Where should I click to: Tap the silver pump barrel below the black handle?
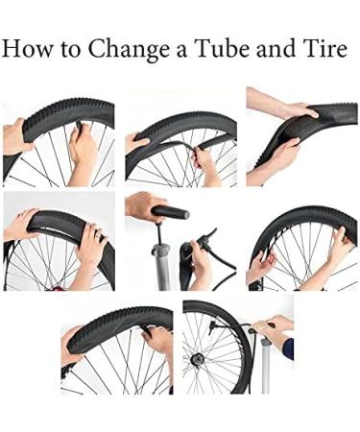[x=160, y=264]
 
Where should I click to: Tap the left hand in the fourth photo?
[x=21, y=225]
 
